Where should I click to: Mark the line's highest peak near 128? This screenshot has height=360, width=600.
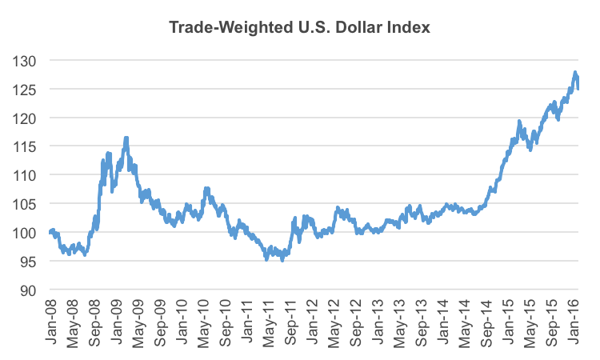click(x=575, y=73)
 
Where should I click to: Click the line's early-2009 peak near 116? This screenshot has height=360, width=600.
click(x=126, y=138)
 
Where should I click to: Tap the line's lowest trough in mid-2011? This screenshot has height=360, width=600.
click(x=282, y=260)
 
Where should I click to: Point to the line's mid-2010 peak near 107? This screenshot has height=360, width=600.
click(x=207, y=189)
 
